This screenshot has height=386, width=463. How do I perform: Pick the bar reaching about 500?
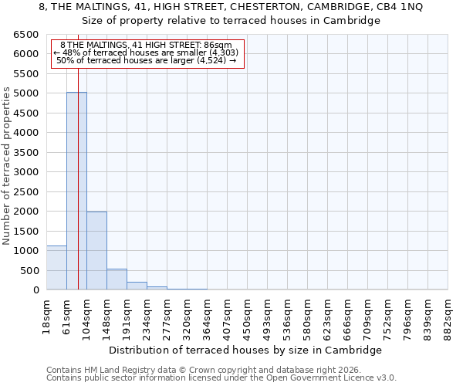pyautogui.click(x=117, y=279)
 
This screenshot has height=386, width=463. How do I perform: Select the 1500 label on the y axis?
pyautogui.click(x=25, y=231)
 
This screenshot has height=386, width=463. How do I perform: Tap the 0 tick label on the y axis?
pyautogui.click(x=35, y=290)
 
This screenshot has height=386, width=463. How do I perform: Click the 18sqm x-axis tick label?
pyautogui.click(x=46, y=314)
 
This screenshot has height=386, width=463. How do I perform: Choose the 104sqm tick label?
pyautogui.click(x=86, y=314)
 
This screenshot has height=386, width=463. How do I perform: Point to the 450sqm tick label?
pyautogui.click(x=247, y=314)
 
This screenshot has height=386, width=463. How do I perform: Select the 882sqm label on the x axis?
pyautogui.click(x=448, y=314)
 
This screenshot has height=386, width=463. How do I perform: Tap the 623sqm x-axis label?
pyautogui.click(x=327, y=314)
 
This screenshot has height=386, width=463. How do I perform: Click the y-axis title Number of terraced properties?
pyautogui.click(x=8, y=166)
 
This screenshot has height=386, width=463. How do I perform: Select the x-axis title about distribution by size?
pyautogui.click(x=245, y=350)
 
